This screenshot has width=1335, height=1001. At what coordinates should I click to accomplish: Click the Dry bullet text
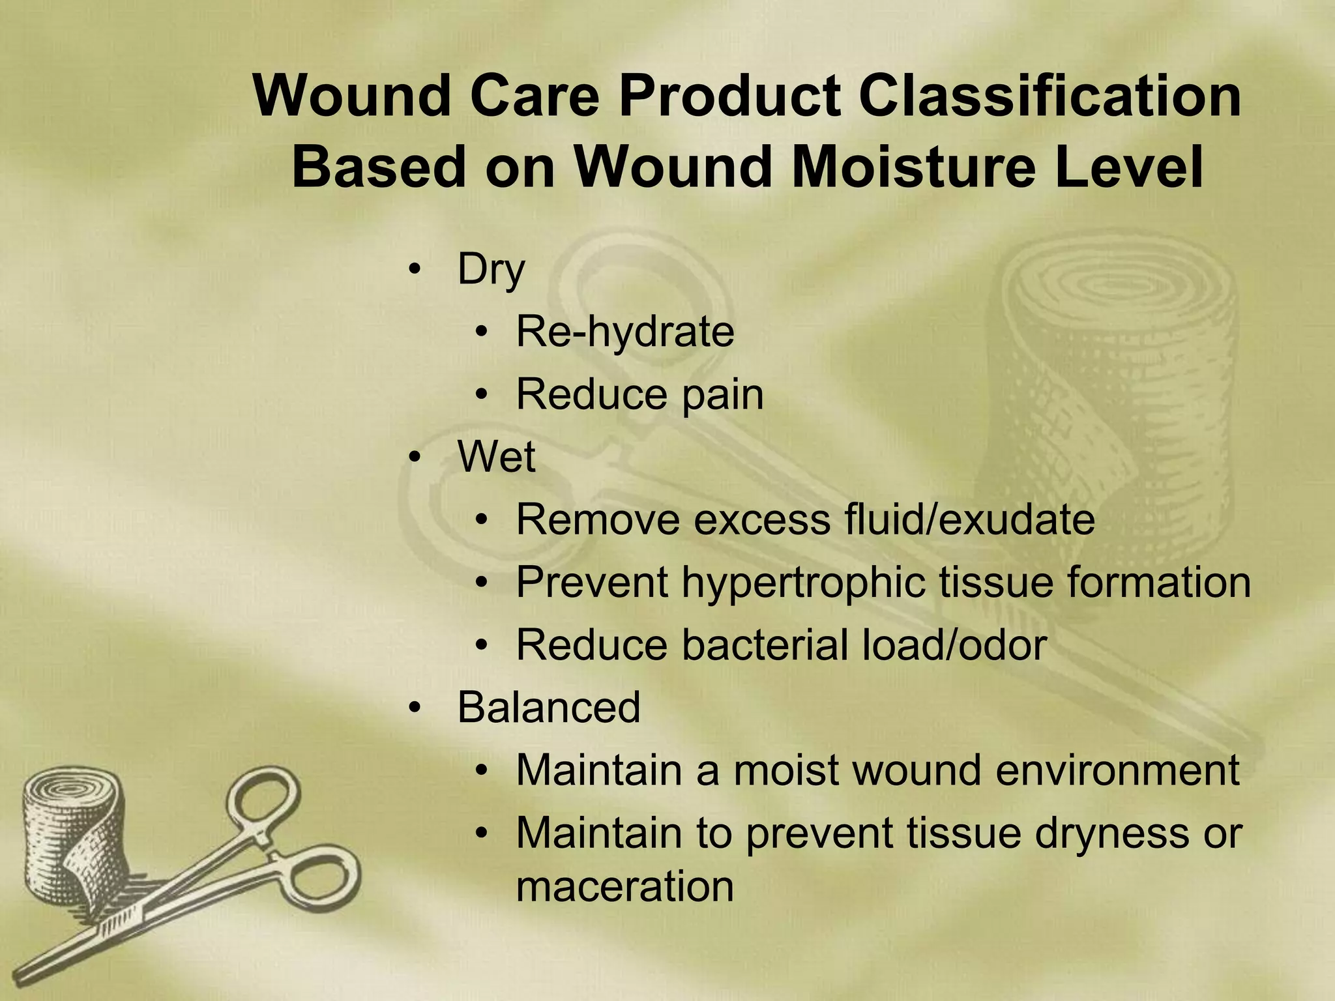[x=490, y=270]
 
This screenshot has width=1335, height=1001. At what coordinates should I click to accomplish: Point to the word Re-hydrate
[x=624, y=332]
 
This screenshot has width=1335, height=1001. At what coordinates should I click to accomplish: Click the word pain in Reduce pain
[x=722, y=395]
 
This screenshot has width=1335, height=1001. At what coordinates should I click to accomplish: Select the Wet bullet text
[x=496, y=457]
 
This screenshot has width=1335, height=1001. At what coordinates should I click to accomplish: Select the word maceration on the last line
[x=624, y=887]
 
